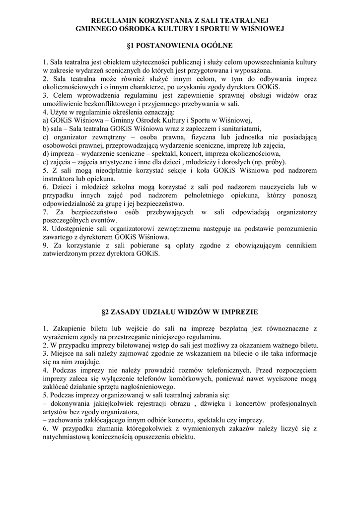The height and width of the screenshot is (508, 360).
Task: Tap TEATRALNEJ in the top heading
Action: coord(243,20)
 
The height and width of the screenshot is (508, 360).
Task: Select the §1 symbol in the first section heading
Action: coord(131,45)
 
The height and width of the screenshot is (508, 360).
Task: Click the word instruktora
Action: coord(59,179)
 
